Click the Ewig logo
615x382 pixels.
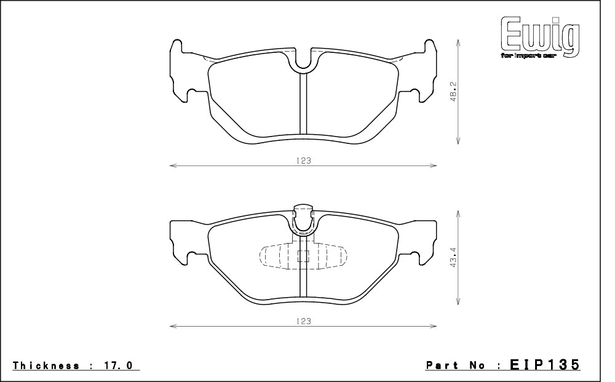click(x=540, y=38)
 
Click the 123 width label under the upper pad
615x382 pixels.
click(x=303, y=161)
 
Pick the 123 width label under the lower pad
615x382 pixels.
click(x=303, y=321)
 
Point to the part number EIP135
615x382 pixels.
click(x=544, y=364)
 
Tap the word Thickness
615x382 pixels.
click(x=46, y=365)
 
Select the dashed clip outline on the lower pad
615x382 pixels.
click(x=303, y=257)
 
